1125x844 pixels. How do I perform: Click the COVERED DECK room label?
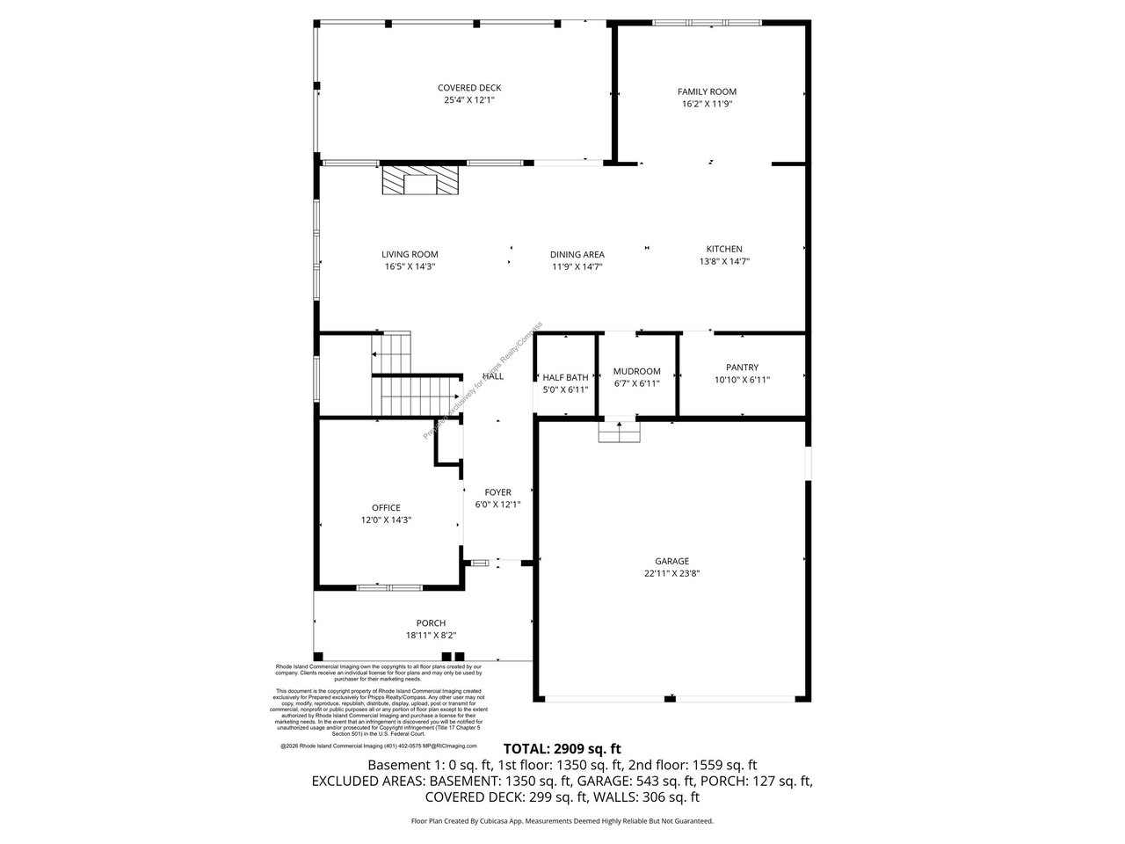pyautogui.click(x=469, y=88)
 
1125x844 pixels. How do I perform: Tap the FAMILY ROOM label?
pyautogui.click(x=707, y=91)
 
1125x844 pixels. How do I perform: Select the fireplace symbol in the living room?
pyautogui.click(x=420, y=181)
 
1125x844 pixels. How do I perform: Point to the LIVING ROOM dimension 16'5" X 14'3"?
pyautogui.click(x=410, y=266)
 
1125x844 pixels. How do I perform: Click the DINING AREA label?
pyautogui.click(x=577, y=255)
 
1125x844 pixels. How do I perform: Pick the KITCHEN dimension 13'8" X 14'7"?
pyautogui.click(x=724, y=261)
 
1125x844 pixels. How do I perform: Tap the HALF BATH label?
pyautogui.click(x=565, y=377)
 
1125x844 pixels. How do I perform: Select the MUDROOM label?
pyautogui.click(x=636, y=372)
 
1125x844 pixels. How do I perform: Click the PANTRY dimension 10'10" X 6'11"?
pyautogui.click(x=742, y=381)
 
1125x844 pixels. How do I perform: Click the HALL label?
pyautogui.click(x=493, y=376)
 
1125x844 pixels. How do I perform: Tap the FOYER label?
pyautogui.click(x=497, y=492)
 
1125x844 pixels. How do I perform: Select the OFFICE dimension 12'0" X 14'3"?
pyautogui.click(x=386, y=520)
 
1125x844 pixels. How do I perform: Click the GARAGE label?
pyautogui.click(x=671, y=561)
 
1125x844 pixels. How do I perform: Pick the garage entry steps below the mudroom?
pyautogui.click(x=620, y=433)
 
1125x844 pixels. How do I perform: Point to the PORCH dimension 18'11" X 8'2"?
pyautogui.click(x=431, y=636)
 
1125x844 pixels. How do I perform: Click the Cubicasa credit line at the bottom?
pyautogui.click(x=562, y=821)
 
